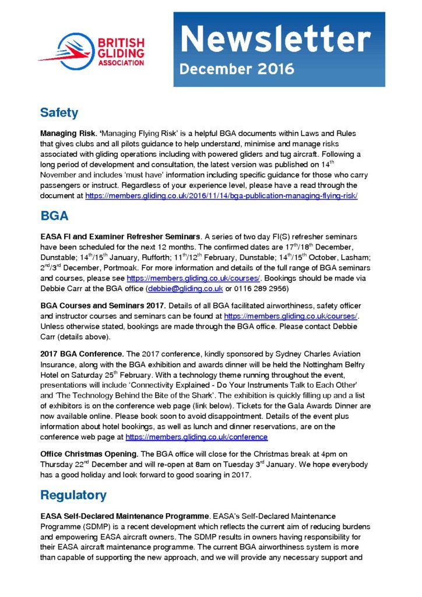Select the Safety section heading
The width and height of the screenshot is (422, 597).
point(59,112)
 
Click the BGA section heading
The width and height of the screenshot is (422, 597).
point(54,216)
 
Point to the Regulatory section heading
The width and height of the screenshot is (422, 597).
point(73,495)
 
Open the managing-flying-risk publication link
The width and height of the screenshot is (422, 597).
point(221,196)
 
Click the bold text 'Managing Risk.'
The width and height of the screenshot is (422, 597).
point(64,134)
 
